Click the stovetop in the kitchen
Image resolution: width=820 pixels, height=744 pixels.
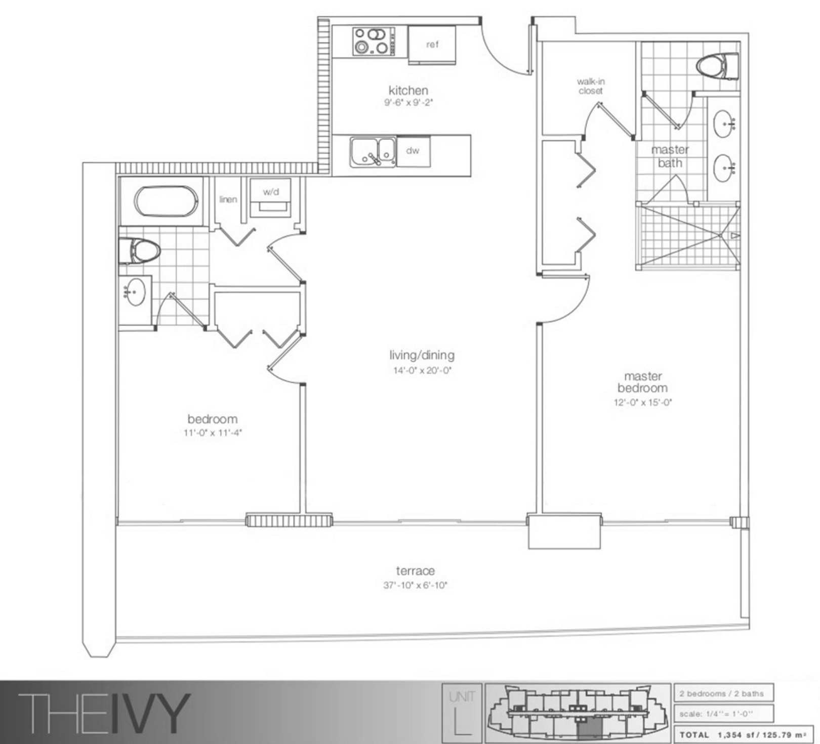point(374,42)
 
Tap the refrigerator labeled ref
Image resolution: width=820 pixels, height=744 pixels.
point(432,45)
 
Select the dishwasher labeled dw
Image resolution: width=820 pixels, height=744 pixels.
point(413,151)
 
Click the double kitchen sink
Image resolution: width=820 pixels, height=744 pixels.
point(373,152)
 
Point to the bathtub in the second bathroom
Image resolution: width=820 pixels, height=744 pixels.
point(166,201)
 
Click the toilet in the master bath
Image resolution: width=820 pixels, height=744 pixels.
point(718,66)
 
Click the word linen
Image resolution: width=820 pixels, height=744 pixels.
point(228,199)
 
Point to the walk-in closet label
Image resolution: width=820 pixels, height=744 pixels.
point(591,86)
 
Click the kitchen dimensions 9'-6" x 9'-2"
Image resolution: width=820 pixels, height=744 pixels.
point(408,103)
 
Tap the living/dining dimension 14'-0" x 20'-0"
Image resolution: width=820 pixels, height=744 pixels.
point(422,370)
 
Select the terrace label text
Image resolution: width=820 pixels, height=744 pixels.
point(416,571)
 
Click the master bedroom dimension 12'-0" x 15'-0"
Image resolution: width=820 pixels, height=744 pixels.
point(643,402)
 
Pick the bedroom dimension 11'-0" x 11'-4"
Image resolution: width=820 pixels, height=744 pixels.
point(213,433)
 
